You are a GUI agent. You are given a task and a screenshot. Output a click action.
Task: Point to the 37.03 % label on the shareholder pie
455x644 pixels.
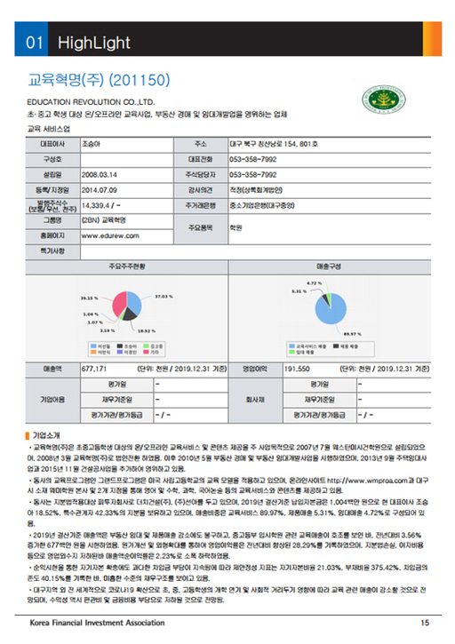click(x=163, y=295)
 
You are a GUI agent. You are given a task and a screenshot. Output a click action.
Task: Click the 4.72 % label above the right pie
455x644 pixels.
click(x=313, y=282)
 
